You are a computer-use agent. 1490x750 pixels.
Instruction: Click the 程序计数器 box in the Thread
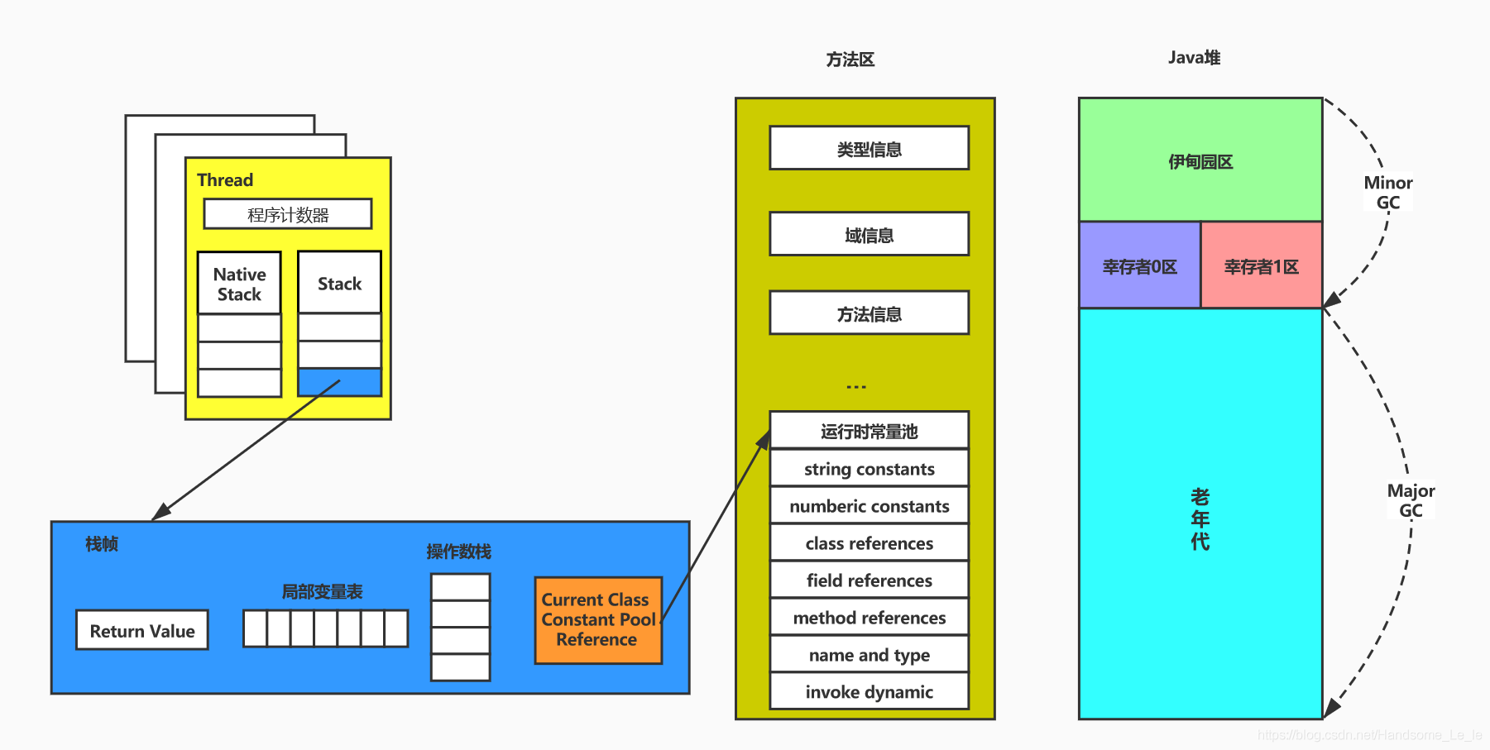click(x=288, y=214)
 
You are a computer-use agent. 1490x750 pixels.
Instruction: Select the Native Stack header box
click(x=239, y=284)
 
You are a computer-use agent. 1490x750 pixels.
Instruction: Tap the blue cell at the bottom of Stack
click(x=339, y=382)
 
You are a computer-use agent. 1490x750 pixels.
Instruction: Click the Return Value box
click(x=142, y=630)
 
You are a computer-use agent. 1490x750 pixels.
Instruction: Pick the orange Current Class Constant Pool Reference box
click(x=597, y=620)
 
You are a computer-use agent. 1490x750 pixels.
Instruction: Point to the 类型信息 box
click(x=869, y=149)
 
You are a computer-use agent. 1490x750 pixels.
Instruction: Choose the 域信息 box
click(x=869, y=235)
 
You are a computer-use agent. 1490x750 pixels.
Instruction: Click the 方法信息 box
click(x=869, y=313)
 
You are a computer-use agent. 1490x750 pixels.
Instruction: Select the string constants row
click(x=869, y=469)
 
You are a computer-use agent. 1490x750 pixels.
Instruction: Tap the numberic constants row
click(x=869, y=506)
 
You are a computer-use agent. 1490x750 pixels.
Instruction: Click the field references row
click(x=869, y=580)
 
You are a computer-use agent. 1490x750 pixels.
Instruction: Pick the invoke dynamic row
click(x=869, y=692)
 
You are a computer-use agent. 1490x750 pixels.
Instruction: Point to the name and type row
click(x=869, y=655)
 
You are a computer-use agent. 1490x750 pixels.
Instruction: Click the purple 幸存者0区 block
click(x=1139, y=266)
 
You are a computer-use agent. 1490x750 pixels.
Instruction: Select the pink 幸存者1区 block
click(x=1261, y=266)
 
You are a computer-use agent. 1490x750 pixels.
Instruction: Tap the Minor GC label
click(x=1387, y=193)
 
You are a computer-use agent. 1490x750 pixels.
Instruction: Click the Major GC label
click(x=1411, y=500)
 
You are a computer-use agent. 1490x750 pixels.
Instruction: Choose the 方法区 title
click(x=850, y=60)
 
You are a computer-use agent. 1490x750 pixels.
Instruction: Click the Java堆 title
click(x=1194, y=57)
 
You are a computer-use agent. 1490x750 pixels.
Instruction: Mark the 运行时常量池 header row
click(x=869, y=431)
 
